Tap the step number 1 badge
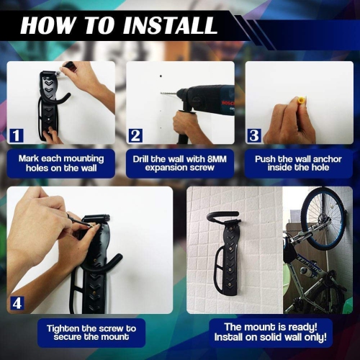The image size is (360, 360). point(17,135)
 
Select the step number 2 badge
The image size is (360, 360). point(136,135)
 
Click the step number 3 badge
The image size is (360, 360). point(255,135)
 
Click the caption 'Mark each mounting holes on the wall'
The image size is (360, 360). point(61,163)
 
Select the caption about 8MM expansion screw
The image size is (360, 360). point(180,163)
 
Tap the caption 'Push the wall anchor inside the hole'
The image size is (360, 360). point(299,163)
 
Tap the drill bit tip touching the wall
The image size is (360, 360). point(162,94)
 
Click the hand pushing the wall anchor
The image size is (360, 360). point(288,119)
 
